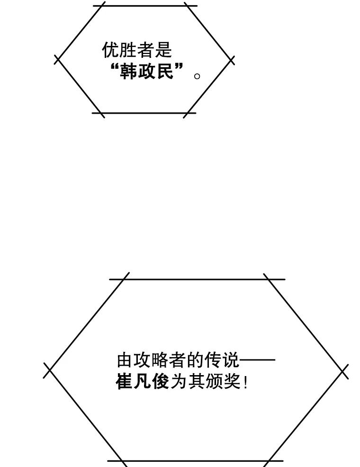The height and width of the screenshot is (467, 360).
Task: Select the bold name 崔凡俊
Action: (x=142, y=382)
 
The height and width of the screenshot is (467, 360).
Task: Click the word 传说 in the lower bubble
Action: (x=222, y=361)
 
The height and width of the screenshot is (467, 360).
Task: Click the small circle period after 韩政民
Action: (x=198, y=76)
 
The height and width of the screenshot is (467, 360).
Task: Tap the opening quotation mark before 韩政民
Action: (x=114, y=69)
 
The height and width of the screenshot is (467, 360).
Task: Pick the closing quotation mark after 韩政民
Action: (x=179, y=69)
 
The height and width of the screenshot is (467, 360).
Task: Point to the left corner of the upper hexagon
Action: (x=58, y=60)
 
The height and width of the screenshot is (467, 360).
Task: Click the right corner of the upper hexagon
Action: (x=232, y=60)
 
